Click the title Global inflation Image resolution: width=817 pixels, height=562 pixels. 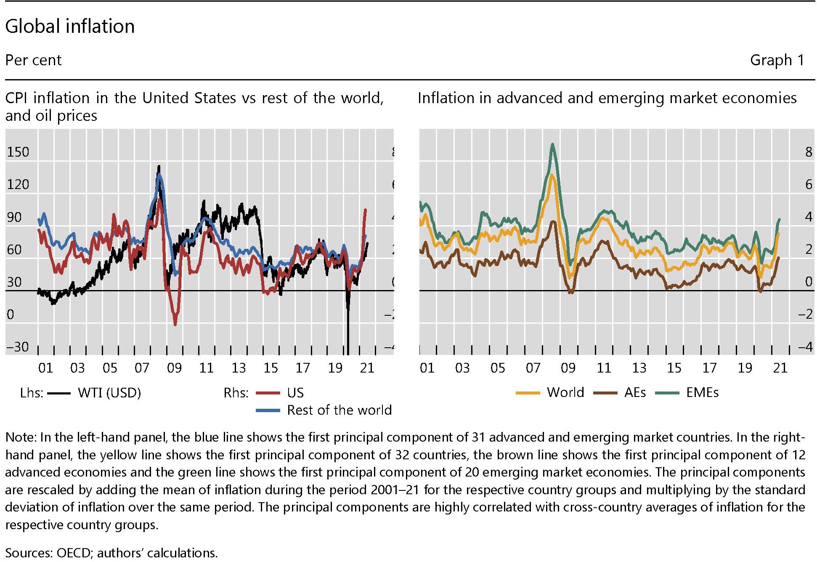(70, 26)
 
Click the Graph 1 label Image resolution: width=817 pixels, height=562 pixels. (777, 60)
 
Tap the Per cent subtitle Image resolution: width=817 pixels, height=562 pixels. (33, 60)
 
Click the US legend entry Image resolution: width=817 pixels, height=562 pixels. (295, 393)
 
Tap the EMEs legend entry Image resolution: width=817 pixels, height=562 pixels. (702, 392)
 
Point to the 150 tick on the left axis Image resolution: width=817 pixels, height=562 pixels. (18, 152)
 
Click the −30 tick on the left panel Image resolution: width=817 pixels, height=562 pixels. (18, 347)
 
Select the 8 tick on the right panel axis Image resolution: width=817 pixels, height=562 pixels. (808, 152)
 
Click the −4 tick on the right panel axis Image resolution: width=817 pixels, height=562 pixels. (805, 347)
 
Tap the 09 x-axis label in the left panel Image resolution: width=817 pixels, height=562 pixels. (174, 368)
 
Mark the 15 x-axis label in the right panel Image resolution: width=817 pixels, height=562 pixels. (674, 368)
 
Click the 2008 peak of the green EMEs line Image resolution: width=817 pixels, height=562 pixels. (552, 144)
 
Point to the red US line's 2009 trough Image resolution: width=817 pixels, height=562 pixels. (175, 324)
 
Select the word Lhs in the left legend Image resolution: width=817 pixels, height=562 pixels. (32, 393)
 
